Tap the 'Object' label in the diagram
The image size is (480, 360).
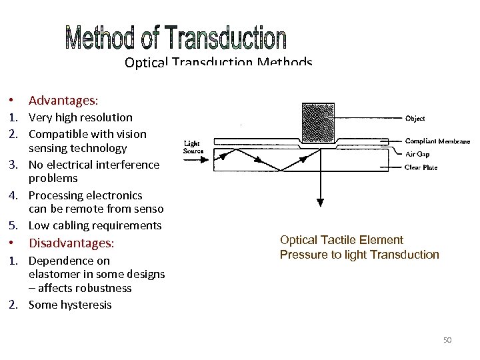[415, 119]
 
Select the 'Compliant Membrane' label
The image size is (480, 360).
[437, 141]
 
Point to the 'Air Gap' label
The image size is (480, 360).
[418, 153]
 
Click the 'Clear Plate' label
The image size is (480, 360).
[421, 167]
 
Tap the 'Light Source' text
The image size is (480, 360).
[193, 147]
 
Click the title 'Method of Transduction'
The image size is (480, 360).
[176, 39]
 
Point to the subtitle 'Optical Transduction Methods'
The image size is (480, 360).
[218, 63]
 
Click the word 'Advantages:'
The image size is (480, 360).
[63, 101]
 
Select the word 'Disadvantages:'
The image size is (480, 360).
[71, 243]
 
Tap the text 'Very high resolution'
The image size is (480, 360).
[80, 117]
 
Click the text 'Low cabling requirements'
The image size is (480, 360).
[95, 225]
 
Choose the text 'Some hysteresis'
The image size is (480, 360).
[70, 305]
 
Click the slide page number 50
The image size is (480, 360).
[447, 340]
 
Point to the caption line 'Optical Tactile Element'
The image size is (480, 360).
[341, 240]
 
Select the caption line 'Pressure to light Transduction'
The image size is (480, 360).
[359, 255]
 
